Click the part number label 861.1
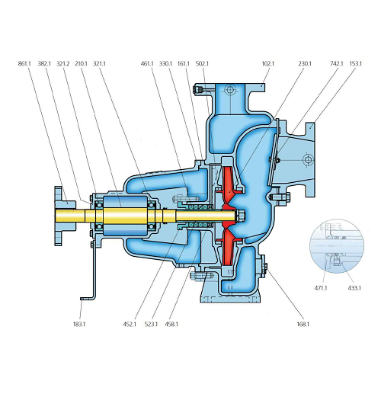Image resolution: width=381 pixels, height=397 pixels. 24,63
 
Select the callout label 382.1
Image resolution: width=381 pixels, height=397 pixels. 44,63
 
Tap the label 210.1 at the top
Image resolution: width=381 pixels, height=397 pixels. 81,63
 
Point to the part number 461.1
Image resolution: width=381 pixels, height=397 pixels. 147,63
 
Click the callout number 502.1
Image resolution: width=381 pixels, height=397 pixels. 202,63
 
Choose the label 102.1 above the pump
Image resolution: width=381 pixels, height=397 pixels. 268,63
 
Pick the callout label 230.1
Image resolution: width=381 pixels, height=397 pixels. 305,63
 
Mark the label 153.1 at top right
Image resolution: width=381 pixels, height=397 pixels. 355,63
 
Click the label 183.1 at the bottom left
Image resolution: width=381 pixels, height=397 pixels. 79,324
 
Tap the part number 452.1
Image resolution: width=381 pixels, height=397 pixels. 130,324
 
